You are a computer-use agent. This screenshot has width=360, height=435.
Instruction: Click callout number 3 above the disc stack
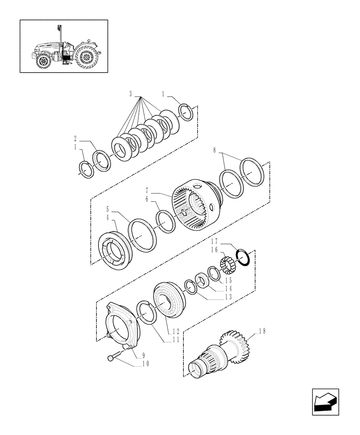130,94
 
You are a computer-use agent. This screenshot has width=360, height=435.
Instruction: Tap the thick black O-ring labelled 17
243,259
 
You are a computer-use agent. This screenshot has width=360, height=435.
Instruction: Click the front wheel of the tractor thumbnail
43,61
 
